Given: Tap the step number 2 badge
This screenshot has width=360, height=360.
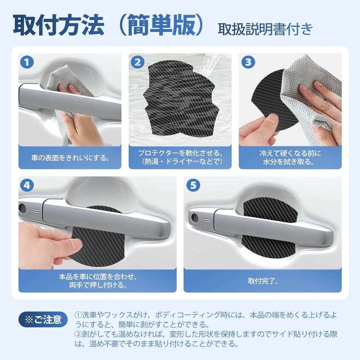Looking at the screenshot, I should coord(137,62).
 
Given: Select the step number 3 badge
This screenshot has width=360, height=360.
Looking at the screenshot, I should coord(248,62).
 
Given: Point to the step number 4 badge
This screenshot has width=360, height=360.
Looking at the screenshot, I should coord(27,185).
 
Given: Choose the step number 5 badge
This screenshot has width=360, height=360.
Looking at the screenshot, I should coord(193,185).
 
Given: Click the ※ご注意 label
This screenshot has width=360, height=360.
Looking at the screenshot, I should coord(43,320).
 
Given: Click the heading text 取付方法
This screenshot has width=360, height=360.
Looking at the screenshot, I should coord(58,25).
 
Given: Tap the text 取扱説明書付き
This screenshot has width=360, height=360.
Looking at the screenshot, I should coord(265,29).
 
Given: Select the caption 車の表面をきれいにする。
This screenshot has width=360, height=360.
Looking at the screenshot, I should coord(70,157).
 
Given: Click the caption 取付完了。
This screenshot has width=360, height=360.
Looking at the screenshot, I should coord(263,281).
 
